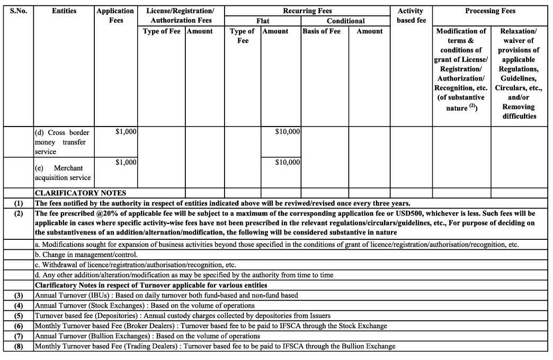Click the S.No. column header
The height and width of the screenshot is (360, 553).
(19, 11)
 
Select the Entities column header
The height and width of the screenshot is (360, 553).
(64, 11)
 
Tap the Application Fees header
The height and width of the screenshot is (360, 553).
(116, 15)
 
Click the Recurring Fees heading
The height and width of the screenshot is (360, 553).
(308, 11)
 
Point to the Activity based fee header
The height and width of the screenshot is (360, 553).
(411, 15)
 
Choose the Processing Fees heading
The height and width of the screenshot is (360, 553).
(490, 11)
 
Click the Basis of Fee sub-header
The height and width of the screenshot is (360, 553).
(322, 31)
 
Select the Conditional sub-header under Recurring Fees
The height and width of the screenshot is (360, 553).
(345, 21)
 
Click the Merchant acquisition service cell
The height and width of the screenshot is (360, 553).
(64, 173)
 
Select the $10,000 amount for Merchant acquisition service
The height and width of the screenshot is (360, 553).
(288, 163)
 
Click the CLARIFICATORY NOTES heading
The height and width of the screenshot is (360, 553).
(81, 193)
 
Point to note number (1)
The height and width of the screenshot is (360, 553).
(19, 203)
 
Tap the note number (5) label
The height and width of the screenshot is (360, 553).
(19, 316)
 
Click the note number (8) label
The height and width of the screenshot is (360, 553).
(19, 346)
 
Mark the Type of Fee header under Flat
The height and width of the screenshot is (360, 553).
(242, 36)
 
